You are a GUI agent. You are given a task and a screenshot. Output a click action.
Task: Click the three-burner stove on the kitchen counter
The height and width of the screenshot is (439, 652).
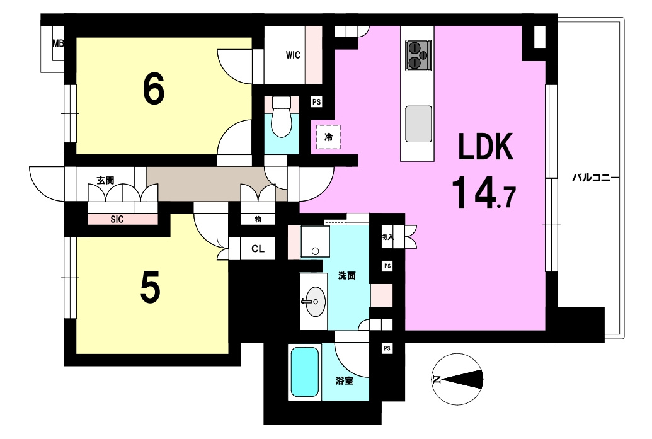point(418,55)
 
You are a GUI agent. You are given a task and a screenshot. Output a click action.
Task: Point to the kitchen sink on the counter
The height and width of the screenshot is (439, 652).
point(418,124)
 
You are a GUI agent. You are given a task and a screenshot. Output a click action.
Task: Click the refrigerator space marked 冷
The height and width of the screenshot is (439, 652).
point(328,137)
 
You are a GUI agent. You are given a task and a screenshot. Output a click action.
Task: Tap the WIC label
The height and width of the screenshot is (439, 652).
point(293,55)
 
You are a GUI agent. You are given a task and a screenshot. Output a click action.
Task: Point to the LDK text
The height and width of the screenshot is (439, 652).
point(485,147)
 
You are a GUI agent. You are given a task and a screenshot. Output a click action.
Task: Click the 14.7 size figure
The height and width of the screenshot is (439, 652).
point(484,193)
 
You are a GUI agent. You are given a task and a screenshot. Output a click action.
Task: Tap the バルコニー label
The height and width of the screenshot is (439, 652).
point(595,178)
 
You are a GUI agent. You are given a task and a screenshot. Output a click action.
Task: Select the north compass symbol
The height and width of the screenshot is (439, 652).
point(457,379)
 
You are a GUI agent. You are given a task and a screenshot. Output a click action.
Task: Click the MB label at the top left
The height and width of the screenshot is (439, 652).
point(58,43)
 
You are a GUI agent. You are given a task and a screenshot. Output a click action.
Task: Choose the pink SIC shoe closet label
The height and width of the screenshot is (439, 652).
point(117,219)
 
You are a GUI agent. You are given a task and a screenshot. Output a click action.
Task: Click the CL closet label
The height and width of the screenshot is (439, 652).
point(258,249)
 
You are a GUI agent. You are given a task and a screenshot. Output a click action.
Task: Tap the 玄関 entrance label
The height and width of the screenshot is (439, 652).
point(105,180)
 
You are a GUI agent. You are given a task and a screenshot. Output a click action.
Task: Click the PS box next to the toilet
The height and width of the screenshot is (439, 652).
point(316,102)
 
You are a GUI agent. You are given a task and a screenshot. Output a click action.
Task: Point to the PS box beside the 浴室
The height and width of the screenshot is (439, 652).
point(387,348)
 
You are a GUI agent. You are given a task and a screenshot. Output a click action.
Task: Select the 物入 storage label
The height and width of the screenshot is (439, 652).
point(387,237)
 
